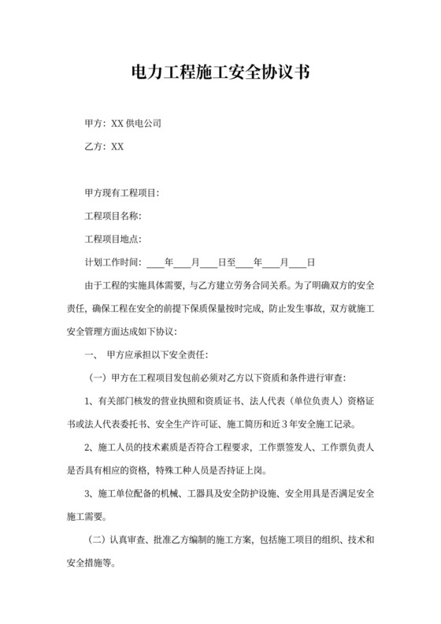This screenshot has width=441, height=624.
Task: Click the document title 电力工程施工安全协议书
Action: (x=220, y=73)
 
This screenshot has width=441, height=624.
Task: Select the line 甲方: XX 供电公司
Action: (x=123, y=124)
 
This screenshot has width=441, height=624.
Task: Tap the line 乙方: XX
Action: (x=104, y=147)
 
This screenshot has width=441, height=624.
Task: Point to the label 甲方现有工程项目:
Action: (x=122, y=193)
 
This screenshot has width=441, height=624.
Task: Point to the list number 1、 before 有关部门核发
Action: (x=90, y=400)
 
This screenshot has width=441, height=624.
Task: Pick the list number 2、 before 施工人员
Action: (x=90, y=447)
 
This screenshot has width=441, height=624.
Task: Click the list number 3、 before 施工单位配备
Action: (x=90, y=494)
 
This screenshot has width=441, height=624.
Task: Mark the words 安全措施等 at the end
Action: (x=107, y=564)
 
